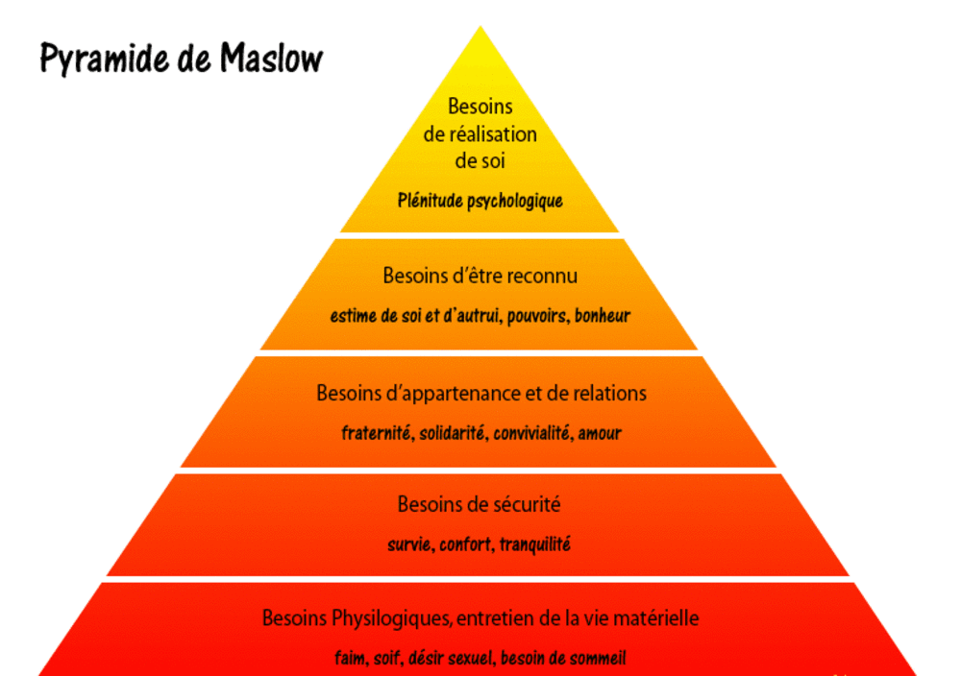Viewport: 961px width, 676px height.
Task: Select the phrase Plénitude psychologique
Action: (x=480, y=201)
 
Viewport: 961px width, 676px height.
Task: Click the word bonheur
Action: (x=603, y=315)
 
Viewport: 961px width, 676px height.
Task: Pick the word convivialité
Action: (x=533, y=433)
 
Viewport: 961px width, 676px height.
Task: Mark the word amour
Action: (x=600, y=433)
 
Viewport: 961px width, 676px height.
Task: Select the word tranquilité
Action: (x=534, y=544)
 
